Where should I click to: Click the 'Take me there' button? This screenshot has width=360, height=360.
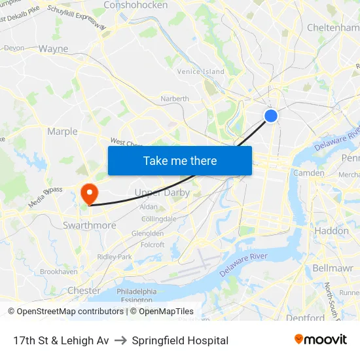pyautogui.click(x=180, y=160)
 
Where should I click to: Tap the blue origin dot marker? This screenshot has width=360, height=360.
pyautogui.click(x=271, y=116)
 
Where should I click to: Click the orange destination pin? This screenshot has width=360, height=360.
pyautogui.click(x=88, y=194)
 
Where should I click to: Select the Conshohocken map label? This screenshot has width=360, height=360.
pyautogui.click(x=135, y=5)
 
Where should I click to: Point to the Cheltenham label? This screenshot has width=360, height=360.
pyautogui.click(x=333, y=27)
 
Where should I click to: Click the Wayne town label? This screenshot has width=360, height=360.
pyautogui.click(x=53, y=48)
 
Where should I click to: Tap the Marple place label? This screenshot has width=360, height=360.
pyautogui.click(x=62, y=132)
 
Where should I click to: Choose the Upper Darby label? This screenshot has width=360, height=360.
pyautogui.click(x=162, y=192)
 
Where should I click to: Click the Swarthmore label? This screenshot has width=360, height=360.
pyautogui.click(x=89, y=225)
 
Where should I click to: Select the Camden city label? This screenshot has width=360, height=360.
pyautogui.click(x=308, y=173)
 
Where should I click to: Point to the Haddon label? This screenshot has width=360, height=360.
pyautogui.click(x=331, y=230)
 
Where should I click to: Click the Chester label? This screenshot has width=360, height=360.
pyautogui.click(x=84, y=290)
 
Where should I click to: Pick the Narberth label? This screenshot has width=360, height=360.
pyautogui.click(x=175, y=99)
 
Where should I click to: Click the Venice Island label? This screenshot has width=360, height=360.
pyautogui.click(x=200, y=71)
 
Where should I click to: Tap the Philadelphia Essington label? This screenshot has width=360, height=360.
pyautogui.click(x=137, y=295)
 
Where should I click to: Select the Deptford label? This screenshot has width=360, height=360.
pyautogui.click(x=305, y=318)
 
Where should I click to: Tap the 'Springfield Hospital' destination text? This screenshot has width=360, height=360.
pyautogui.click(x=180, y=340)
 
